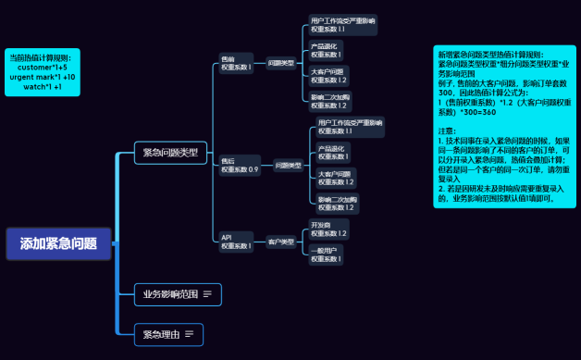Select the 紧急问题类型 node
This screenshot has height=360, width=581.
tap(171, 153)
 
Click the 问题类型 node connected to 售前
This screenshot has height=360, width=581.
tap(280, 63)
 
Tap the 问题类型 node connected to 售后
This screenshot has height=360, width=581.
tap(289, 166)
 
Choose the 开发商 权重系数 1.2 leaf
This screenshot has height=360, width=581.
tap(329, 229)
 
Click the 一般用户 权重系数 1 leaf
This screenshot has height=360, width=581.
tap(328, 254)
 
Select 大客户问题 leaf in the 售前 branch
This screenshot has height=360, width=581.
tap(329, 76)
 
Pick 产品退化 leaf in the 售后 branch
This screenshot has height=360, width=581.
tap(337, 152)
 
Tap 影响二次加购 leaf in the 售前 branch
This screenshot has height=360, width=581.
tap(330, 101)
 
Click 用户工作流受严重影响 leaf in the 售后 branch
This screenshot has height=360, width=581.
tap(349, 127)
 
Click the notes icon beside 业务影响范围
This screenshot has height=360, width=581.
tap(207, 295)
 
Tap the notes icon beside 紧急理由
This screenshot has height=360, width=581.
tap(189, 333)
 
